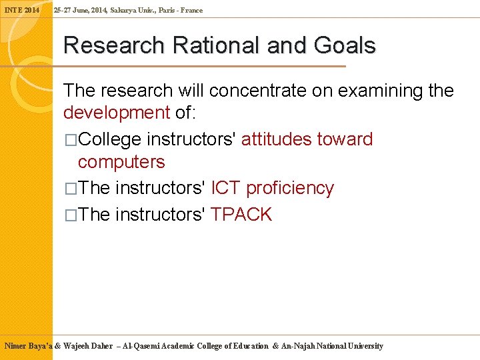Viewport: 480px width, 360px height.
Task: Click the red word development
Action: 116,113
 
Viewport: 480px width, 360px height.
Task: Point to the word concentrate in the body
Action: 253,91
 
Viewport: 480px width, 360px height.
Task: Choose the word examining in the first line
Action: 379,91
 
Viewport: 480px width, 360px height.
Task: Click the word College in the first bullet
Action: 110,139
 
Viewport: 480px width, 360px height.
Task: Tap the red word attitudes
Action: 277,139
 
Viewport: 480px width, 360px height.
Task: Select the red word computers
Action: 121,162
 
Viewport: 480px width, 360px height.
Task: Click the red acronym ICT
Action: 225,189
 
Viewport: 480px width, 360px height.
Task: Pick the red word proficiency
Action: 289,189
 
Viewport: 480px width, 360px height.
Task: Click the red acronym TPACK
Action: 241,215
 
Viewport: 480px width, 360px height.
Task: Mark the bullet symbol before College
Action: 71,140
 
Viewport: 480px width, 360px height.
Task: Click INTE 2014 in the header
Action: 22,10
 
